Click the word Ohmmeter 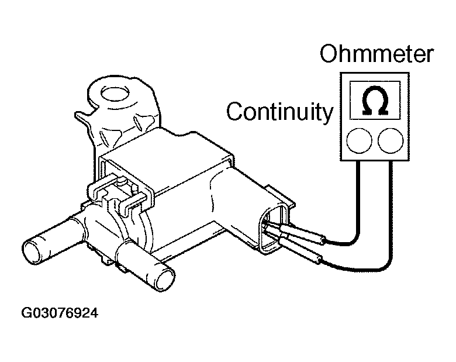coord(376,54)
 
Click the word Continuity coord(279,112)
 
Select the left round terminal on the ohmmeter coord(359,140)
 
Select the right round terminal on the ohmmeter coord(391,140)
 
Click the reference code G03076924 coord(60,313)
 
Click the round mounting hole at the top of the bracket coord(114,92)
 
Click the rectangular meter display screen coord(375,100)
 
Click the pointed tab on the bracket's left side coord(84,117)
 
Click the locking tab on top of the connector coord(280,194)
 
